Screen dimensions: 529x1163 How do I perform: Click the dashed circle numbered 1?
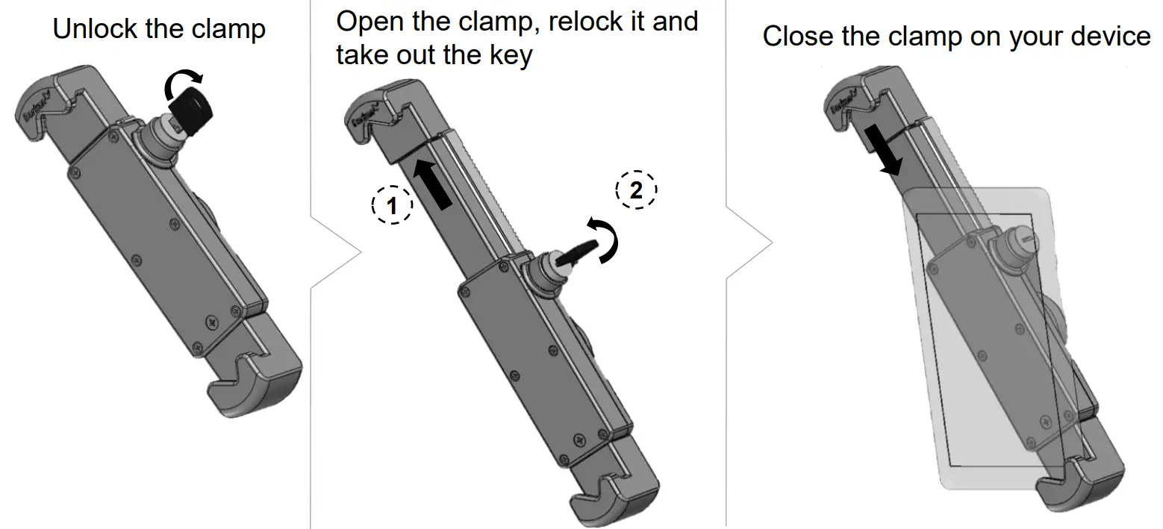pos(392,202)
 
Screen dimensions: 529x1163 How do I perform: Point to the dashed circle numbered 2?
pos(636,190)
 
